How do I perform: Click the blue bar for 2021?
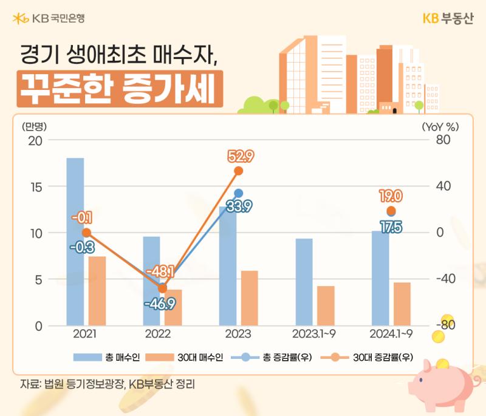pos(75,242)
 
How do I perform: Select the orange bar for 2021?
pos(97,291)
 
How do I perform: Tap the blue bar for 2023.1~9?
pos(304,282)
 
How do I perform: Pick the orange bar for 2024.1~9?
pos(402,304)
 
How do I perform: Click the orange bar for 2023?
pos(250,298)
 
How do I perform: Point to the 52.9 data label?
pos(241,156)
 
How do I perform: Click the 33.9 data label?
pos(239,206)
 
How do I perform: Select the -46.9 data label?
pos(160,304)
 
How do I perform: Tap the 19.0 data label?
pos(391,196)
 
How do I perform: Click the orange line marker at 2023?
pos(238,171)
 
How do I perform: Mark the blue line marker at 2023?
pos(238,193)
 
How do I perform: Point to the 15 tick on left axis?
pos(36,187)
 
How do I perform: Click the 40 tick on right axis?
pos(443,186)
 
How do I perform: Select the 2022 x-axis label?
pos(158,334)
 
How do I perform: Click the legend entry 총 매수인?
pos(106,358)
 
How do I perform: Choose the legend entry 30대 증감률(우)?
pos(367,358)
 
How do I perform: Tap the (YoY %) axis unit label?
pos(440,127)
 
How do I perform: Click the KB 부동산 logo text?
pos(448,18)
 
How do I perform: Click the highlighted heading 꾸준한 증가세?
pos(120,89)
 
